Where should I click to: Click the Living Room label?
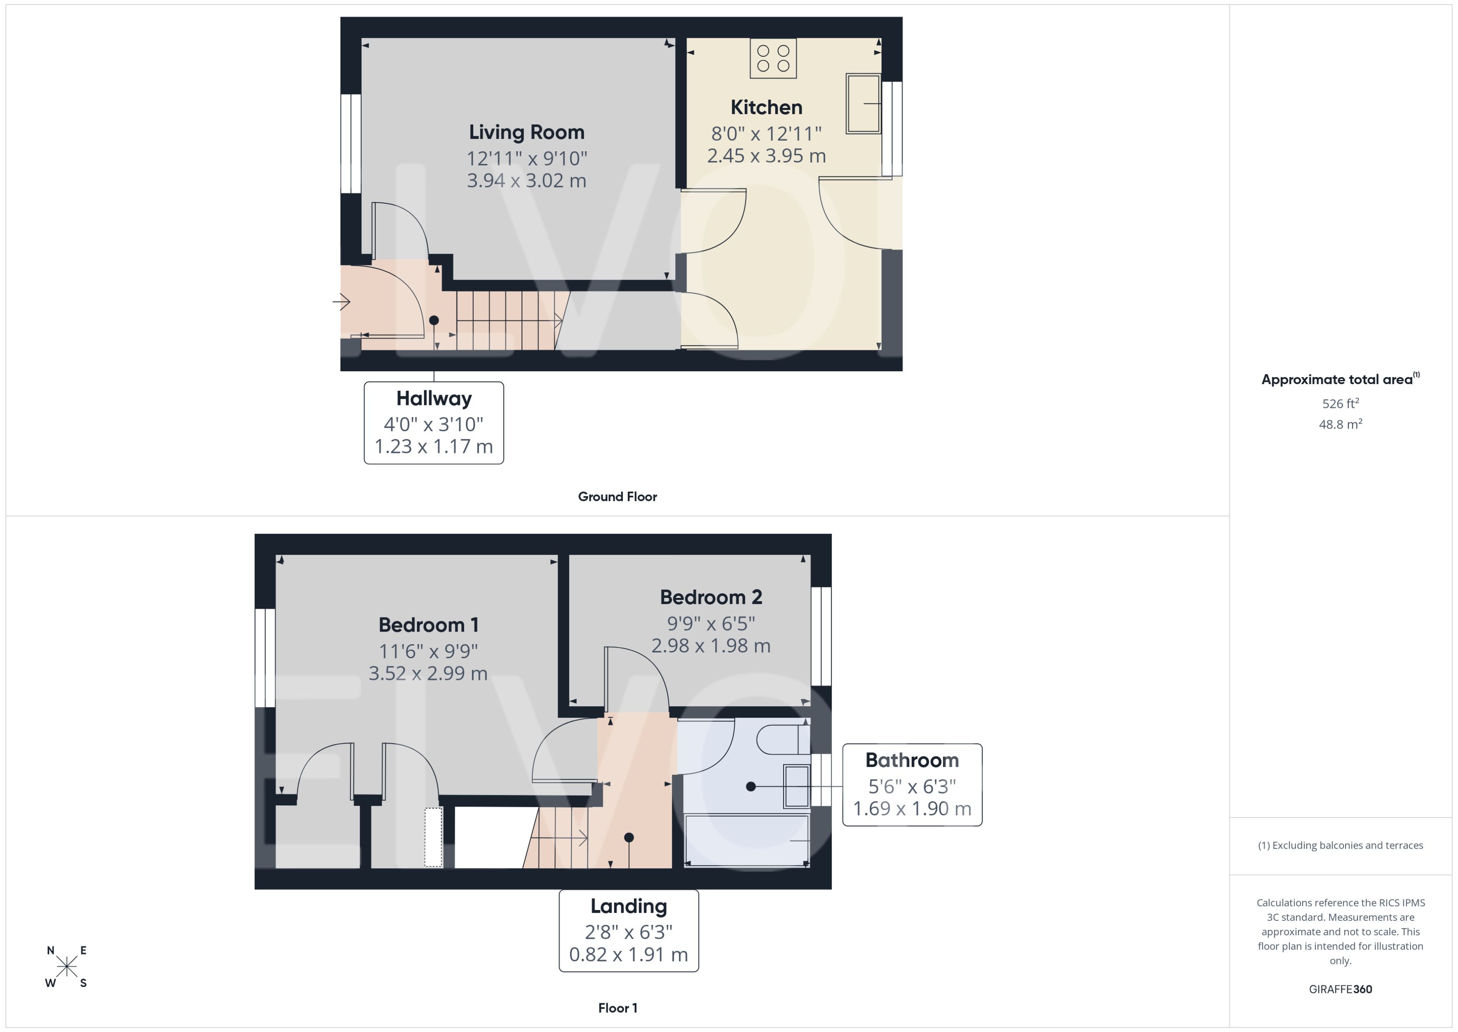click(526, 132)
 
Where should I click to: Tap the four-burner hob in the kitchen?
click(773, 58)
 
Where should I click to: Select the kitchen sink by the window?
click(863, 104)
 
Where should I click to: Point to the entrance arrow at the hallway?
click(342, 301)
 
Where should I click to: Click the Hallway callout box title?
click(434, 398)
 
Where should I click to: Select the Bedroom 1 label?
click(428, 625)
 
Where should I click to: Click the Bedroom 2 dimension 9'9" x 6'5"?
click(710, 623)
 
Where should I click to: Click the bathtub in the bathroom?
click(746, 840)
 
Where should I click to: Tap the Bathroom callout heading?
click(911, 760)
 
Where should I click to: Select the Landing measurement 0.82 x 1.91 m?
click(628, 955)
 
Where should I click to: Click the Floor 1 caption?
click(617, 1008)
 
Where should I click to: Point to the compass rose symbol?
click(66, 967)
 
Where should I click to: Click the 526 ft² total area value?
click(1340, 404)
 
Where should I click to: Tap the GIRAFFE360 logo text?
click(1340, 990)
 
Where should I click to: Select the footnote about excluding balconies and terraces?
click(1340, 845)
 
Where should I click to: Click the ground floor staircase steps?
click(508, 321)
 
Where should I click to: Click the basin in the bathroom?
click(796, 786)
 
